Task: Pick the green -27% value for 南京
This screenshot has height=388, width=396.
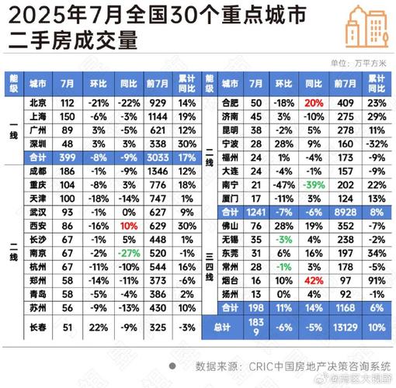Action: (x=127, y=252)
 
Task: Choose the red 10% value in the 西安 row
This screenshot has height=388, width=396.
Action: (x=127, y=224)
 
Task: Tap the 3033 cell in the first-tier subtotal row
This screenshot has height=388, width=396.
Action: (x=155, y=158)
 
